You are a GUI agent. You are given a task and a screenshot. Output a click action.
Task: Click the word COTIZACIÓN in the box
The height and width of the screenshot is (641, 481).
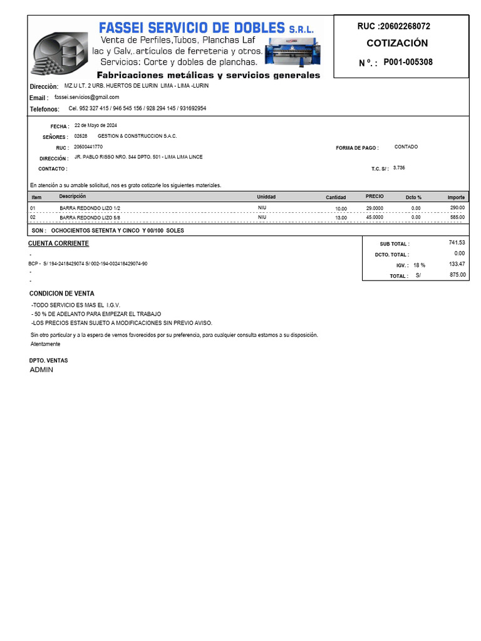(397, 43)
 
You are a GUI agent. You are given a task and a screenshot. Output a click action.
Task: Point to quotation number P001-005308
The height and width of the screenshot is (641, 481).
(408, 62)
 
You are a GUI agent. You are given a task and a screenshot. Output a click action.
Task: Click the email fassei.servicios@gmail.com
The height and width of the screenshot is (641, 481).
(86, 97)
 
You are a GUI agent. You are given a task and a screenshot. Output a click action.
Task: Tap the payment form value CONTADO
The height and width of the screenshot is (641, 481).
(406, 146)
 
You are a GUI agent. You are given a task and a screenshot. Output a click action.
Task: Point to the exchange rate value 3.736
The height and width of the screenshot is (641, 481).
(399, 168)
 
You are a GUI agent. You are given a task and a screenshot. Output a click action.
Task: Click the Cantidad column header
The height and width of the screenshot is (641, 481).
(336, 197)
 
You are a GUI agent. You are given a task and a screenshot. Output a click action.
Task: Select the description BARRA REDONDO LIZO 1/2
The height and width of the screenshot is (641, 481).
(90, 208)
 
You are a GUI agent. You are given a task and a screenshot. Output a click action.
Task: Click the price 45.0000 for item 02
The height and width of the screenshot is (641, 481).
(375, 217)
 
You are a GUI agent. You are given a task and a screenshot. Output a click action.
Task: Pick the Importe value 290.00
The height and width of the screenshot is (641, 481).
(457, 207)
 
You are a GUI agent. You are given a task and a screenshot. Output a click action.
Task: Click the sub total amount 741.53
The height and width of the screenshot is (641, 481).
(457, 242)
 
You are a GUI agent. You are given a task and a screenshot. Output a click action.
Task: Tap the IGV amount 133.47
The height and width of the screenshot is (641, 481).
(457, 264)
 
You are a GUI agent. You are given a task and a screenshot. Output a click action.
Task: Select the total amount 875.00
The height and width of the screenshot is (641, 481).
(458, 274)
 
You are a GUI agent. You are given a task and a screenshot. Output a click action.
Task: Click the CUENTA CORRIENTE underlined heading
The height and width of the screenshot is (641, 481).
(58, 244)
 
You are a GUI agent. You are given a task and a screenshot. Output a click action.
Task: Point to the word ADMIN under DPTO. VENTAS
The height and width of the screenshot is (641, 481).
(41, 370)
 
